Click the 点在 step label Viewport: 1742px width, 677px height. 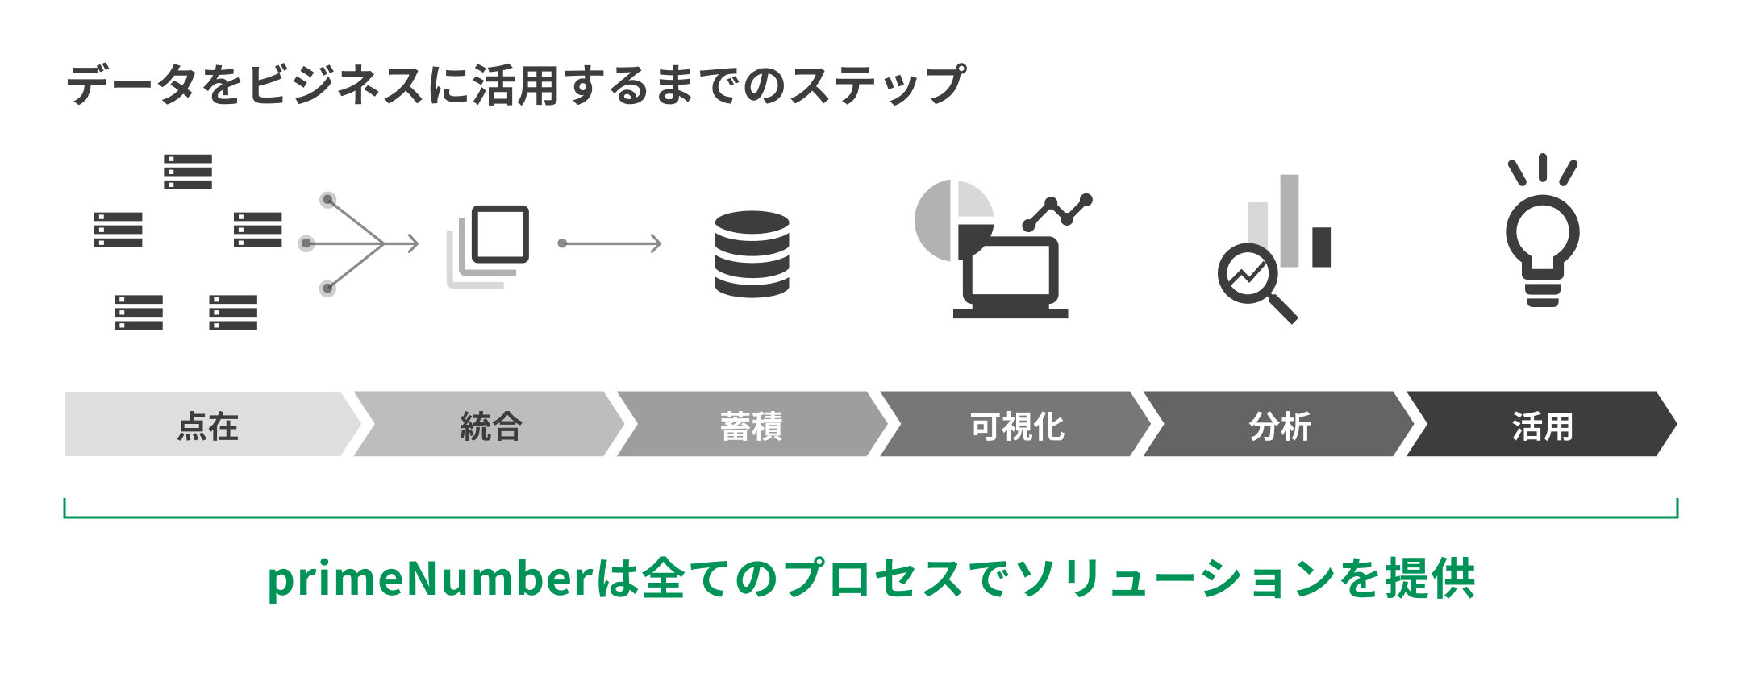click(x=207, y=426)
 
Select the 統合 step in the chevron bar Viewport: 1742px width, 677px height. click(x=491, y=426)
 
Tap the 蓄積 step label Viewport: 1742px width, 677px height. click(x=752, y=426)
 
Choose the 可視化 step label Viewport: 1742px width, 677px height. click(x=1017, y=426)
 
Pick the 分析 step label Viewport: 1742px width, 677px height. click(x=1280, y=426)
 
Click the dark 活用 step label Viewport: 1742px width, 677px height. click(x=1542, y=426)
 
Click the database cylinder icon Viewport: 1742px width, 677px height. click(x=752, y=254)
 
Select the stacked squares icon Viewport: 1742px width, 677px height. click(x=489, y=246)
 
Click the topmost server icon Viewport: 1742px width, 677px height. click(x=188, y=172)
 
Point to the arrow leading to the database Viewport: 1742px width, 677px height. click(x=611, y=243)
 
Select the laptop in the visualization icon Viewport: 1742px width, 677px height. click(x=1011, y=278)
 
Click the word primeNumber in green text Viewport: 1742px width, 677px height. click(x=431, y=579)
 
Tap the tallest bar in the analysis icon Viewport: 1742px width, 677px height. click(x=1290, y=219)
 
